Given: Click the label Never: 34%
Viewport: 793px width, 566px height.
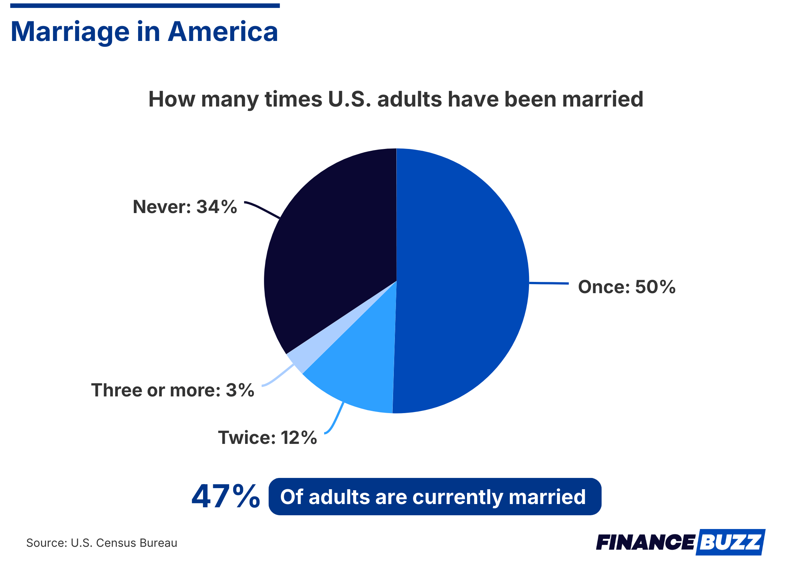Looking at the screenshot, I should coord(185,207).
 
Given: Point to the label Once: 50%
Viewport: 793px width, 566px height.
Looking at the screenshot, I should coord(627,287).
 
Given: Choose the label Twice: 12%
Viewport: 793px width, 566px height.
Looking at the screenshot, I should coord(268,437).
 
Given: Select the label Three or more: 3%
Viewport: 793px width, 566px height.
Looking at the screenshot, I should coord(173,390).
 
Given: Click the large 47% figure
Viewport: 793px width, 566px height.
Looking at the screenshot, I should coord(226,496).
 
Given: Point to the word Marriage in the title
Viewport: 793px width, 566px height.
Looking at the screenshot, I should coord(70,32).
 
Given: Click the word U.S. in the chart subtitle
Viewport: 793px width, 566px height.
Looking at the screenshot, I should coord(350,99).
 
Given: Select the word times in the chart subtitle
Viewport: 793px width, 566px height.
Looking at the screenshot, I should coord(294,99).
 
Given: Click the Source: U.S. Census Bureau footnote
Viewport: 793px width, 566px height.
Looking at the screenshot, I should coord(102,543).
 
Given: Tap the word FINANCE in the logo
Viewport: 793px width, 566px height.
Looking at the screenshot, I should coord(645,542).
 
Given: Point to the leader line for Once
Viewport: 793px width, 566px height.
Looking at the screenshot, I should coord(549,283).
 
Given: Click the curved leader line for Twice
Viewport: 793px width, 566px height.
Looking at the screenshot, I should coord(335,420).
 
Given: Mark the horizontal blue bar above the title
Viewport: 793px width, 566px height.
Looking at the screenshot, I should coord(145,6).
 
